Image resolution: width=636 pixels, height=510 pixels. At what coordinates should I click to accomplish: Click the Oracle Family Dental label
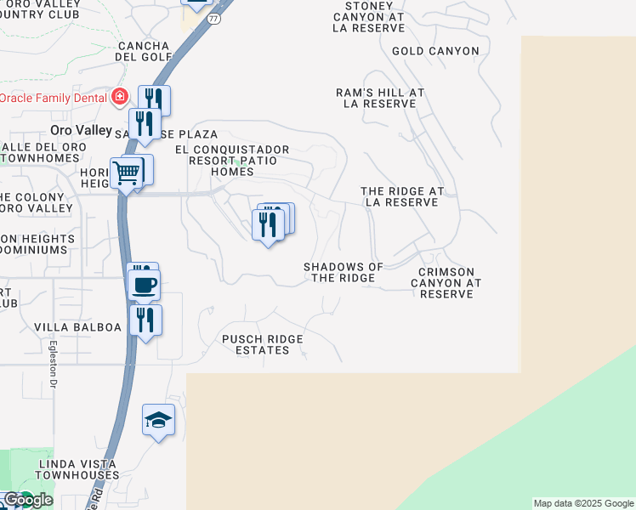click(x=53, y=97)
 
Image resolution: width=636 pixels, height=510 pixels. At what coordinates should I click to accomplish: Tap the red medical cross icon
click(x=120, y=97)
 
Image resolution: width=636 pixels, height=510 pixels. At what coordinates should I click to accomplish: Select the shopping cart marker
click(x=127, y=173)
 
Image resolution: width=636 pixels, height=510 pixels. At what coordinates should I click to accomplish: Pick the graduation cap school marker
click(x=158, y=420)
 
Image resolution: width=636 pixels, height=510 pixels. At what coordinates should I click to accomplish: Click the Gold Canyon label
click(x=435, y=51)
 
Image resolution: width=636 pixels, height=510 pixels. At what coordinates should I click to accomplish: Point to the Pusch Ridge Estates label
click(x=263, y=344)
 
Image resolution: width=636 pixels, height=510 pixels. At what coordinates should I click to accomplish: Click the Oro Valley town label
click(x=81, y=130)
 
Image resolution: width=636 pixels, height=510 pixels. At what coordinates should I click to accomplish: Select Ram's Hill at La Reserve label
click(x=379, y=98)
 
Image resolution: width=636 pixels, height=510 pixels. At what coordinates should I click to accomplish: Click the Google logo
click(x=27, y=500)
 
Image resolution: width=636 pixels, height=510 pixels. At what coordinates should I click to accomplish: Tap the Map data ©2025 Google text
click(x=583, y=503)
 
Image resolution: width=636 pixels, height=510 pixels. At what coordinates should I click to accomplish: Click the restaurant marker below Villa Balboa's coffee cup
click(x=145, y=320)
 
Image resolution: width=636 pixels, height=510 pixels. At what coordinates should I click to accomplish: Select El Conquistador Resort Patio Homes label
click(x=232, y=160)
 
